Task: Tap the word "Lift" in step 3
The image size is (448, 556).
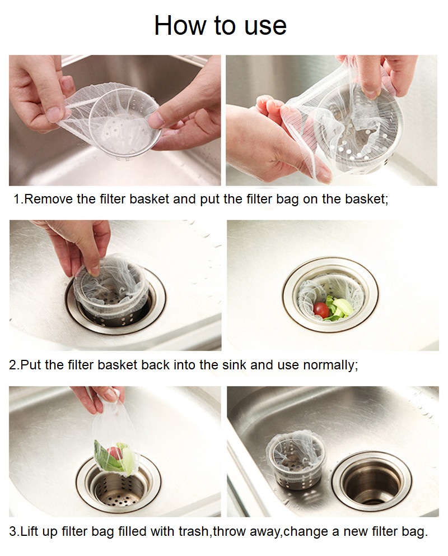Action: click(x=30, y=531)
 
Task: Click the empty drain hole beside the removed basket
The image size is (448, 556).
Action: click(x=371, y=480)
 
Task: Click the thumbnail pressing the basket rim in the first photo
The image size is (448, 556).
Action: click(x=156, y=120)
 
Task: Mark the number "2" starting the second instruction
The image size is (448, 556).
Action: click(x=12, y=365)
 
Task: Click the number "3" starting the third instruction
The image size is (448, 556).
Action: click(x=13, y=531)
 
